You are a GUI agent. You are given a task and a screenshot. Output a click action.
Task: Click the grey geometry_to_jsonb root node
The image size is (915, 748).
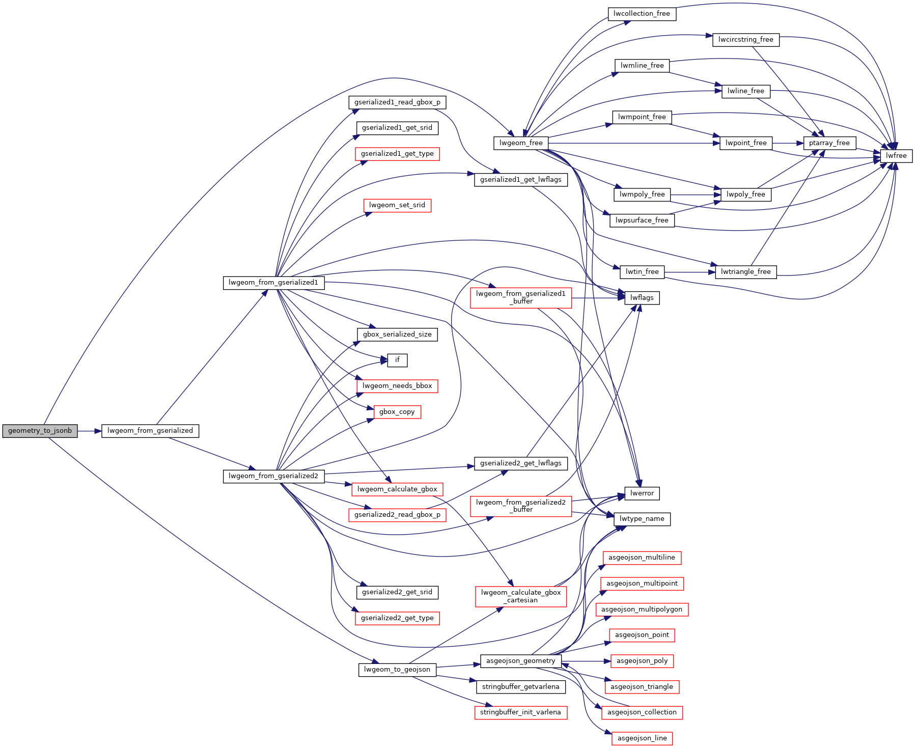point(40,431)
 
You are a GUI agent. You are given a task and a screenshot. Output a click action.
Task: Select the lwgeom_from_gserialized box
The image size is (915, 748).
point(150,431)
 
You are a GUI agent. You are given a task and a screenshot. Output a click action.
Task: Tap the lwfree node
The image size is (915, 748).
point(896,156)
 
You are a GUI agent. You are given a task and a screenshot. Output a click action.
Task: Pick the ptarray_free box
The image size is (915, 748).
point(829,143)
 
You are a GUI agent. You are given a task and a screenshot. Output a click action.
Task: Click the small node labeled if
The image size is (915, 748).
point(397,360)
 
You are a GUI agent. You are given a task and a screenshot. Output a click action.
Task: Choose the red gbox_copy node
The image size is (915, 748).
point(397,412)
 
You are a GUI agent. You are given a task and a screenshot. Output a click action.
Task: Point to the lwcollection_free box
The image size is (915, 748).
point(642,14)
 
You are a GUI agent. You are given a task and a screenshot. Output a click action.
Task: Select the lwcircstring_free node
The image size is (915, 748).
point(745,40)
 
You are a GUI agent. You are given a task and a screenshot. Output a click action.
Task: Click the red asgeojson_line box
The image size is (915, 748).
point(642,738)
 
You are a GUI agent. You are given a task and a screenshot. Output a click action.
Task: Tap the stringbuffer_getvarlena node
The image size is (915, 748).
point(520,687)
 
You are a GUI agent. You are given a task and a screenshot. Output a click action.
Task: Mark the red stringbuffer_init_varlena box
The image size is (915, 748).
point(520,712)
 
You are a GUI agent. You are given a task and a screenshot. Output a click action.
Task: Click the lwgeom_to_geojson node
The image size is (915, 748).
point(397,670)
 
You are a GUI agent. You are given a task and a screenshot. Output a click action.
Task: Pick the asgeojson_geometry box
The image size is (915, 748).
point(520,661)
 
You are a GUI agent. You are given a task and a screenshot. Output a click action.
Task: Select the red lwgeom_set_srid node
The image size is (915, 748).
point(397,205)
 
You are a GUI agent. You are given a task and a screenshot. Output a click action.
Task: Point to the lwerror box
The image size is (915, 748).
point(642,493)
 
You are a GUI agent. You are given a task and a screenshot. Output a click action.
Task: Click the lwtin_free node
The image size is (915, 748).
point(642,272)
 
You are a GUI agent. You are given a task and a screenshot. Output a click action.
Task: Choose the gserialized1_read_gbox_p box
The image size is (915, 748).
point(397,102)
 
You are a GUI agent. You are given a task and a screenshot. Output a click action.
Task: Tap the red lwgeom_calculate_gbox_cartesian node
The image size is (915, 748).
point(520,596)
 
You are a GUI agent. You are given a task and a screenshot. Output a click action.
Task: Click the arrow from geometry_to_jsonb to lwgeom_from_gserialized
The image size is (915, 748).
point(90,431)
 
